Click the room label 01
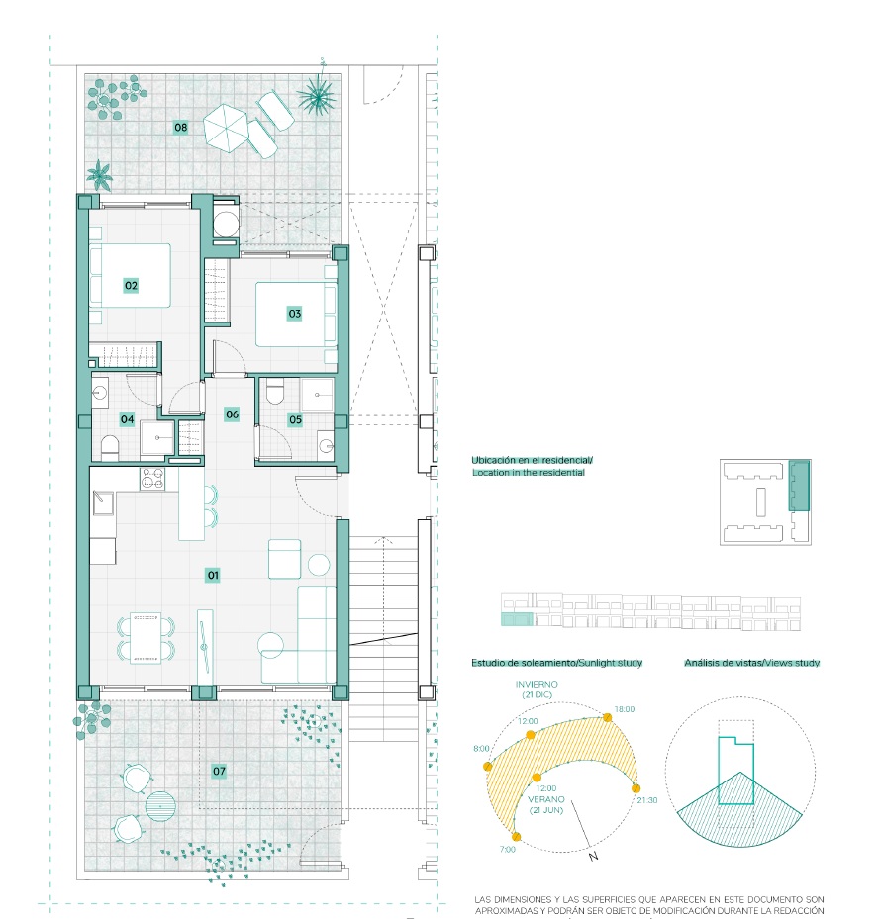pos(213,575)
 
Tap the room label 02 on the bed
pos(131,286)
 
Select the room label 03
pos(295,313)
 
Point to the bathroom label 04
pos(128,419)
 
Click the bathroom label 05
pos(296,419)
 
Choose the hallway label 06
pos(233,414)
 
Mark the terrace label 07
pos(219,771)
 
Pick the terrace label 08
pos(181,127)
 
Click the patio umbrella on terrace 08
pos(226,128)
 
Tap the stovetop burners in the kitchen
pos(152,480)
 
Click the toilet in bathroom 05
pos(274,391)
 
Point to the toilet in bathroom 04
pos(110,448)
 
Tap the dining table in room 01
pos(146,638)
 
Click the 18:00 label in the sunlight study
pos(625,709)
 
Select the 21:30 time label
pos(647,800)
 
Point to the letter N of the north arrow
pos(593,857)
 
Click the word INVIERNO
pos(537,684)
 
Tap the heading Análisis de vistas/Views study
pos(752,662)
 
